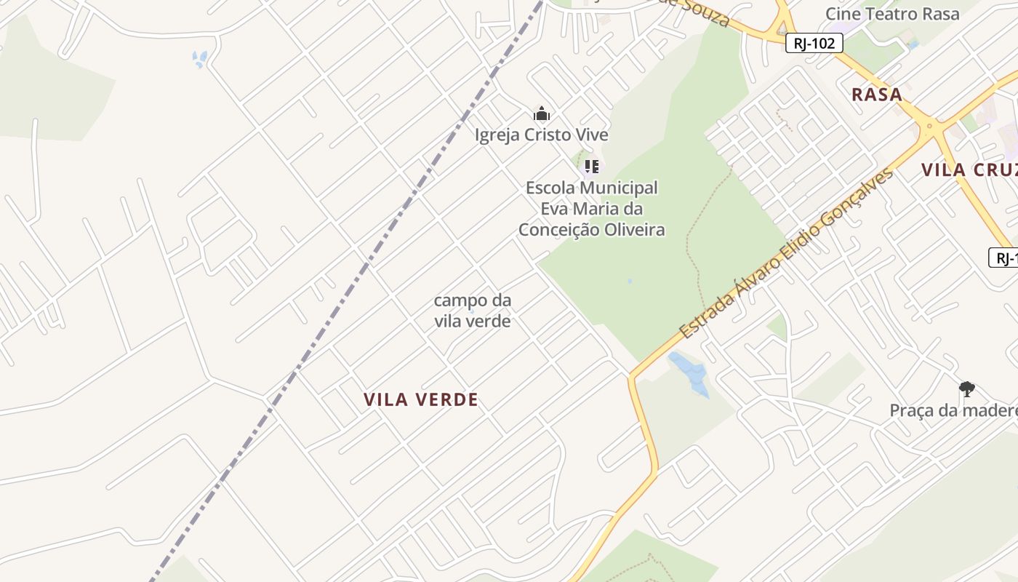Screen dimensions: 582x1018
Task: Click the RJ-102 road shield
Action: [x=814, y=44]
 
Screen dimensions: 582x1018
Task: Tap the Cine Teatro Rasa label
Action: [x=891, y=13]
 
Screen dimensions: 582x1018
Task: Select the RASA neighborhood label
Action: [x=876, y=95]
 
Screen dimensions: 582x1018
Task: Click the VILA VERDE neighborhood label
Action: [x=421, y=399]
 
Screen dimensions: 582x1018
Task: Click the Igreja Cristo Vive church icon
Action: [x=541, y=114]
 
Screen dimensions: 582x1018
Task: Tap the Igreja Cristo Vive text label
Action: [x=541, y=135]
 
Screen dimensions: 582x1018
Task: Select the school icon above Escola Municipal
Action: [x=591, y=167]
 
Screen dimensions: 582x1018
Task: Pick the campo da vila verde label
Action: [x=472, y=310]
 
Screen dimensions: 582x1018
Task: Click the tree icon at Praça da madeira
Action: [x=966, y=389]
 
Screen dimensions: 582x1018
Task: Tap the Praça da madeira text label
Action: [x=953, y=411]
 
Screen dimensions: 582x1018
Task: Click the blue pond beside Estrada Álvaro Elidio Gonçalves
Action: [x=690, y=373]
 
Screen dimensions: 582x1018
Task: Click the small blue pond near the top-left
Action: [x=199, y=59]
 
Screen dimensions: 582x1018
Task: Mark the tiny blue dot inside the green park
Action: [x=630, y=281]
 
